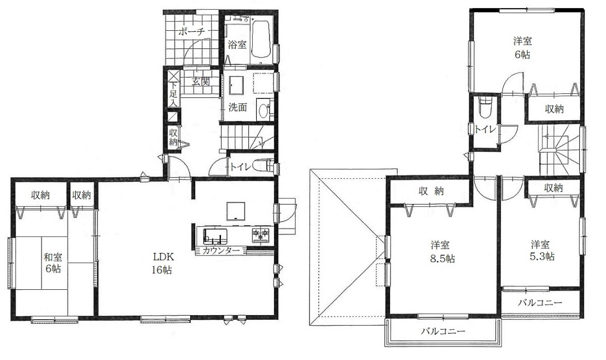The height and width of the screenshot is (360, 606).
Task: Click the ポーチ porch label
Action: pyautogui.click(x=191, y=32)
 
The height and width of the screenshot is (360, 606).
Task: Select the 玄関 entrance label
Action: pyautogui.click(x=201, y=81)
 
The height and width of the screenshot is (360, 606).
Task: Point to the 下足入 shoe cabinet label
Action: pyautogui.click(x=174, y=94)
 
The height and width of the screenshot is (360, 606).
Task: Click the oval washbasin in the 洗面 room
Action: pyautogui.click(x=263, y=111)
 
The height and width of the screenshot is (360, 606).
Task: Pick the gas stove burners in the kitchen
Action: pyautogui.click(x=260, y=235)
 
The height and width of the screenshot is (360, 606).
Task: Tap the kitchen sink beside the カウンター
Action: pyautogui.click(x=215, y=236)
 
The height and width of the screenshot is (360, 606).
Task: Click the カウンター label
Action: pyautogui.click(x=221, y=250)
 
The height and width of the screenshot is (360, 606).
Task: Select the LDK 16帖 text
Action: pyautogui.click(x=162, y=263)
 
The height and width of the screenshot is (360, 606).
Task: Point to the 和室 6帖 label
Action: pyautogui.click(x=53, y=263)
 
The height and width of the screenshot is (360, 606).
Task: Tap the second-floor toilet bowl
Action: pyautogui.click(x=485, y=108)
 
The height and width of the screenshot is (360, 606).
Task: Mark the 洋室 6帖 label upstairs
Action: pyautogui.click(x=523, y=48)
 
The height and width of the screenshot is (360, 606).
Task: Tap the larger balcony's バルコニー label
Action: pyautogui.click(x=443, y=331)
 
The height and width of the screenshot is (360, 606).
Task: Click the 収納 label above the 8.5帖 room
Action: pyautogui.click(x=431, y=191)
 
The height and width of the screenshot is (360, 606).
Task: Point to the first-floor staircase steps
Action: pyautogui.click(x=247, y=137)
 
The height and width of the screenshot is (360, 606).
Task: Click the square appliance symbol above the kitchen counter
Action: pyautogui.click(x=236, y=211)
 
